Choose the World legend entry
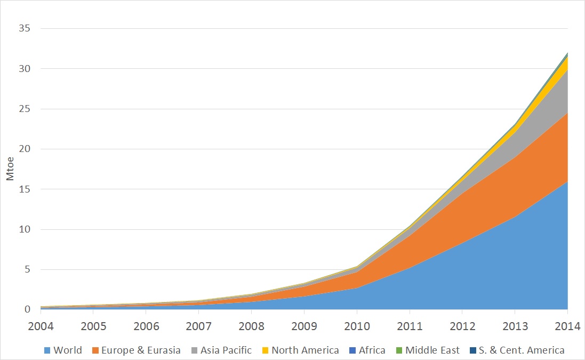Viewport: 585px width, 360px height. coord(68,350)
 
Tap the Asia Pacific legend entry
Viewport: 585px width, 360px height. coord(227,350)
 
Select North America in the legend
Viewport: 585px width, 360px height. coord(305,350)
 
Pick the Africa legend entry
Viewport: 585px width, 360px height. coord(372,350)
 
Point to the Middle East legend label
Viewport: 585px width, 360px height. coord(432,350)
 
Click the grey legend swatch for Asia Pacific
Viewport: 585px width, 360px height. coord(195,350)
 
